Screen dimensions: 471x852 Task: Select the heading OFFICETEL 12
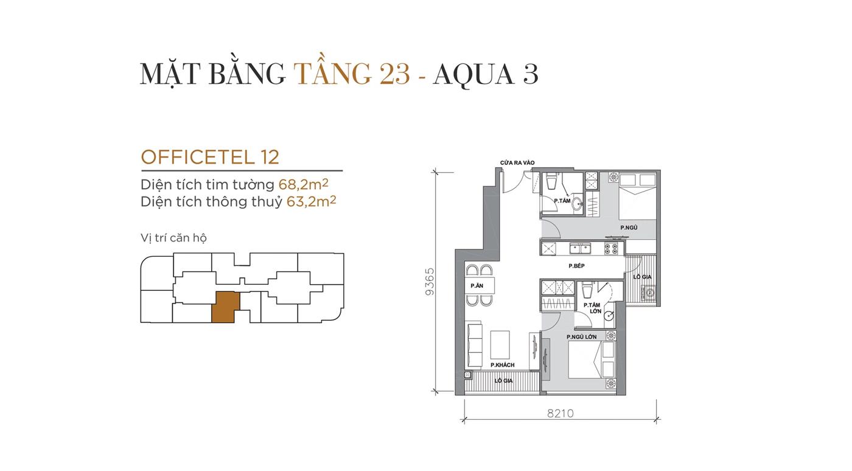pos(210,157)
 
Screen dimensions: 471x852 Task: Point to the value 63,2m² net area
pos(311,201)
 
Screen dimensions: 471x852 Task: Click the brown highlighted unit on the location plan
pos(226,307)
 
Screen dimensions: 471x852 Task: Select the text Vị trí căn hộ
pos(173,237)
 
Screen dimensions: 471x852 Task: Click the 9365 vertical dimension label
pos(430,281)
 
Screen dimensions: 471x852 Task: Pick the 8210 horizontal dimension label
pos(560,413)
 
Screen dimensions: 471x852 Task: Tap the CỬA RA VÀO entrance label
pos(517,163)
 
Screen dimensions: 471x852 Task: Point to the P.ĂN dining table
pos(480,285)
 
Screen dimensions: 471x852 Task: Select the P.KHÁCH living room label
pos(502,365)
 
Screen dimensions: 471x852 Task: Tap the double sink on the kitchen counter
pos(580,248)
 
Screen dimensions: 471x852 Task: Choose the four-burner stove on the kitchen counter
pos(610,248)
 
